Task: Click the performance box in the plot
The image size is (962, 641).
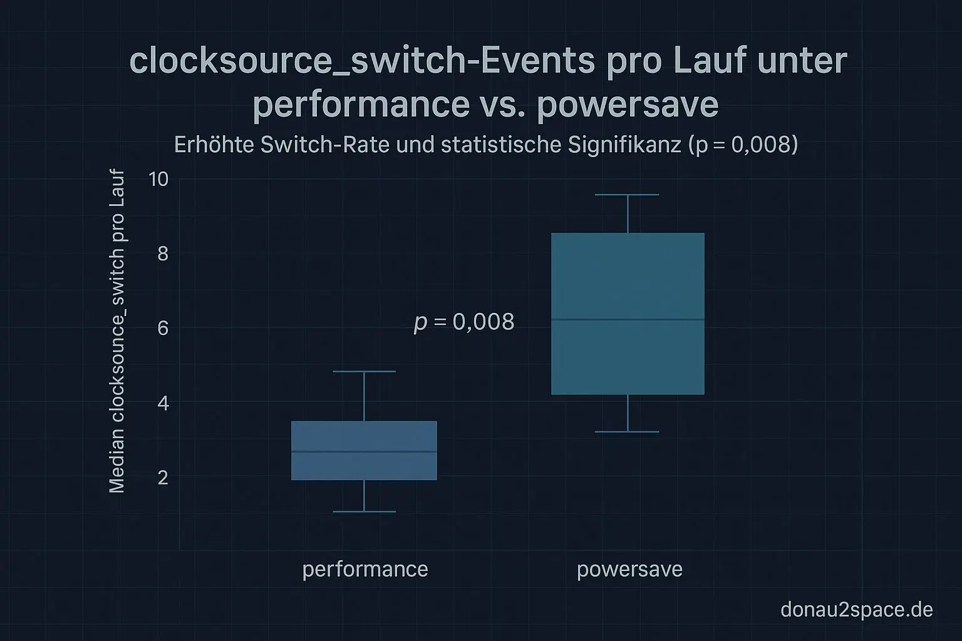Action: click(x=364, y=466)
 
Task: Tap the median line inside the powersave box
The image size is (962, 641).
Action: click(x=628, y=320)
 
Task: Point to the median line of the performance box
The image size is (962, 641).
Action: click(x=364, y=451)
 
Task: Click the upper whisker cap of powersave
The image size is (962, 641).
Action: click(x=627, y=195)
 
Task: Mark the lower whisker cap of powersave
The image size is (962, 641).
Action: click(x=627, y=432)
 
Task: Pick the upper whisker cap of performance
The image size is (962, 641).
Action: click(x=364, y=372)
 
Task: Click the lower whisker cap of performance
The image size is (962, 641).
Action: click(x=364, y=512)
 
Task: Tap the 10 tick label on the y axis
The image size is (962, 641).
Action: click(x=158, y=180)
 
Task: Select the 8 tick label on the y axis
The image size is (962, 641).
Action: click(x=163, y=254)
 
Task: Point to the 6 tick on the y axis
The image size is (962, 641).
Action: click(x=163, y=328)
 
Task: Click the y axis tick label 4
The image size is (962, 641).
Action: click(x=163, y=403)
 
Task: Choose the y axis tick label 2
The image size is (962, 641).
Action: click(x=163, y=478)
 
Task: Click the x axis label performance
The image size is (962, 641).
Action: click(x=365, y=569)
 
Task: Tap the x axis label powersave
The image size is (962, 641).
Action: click(x=629, y=570)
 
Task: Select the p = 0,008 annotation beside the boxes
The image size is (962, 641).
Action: click(x=464, y=322)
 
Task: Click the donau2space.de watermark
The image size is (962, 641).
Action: click(x=856, y=609)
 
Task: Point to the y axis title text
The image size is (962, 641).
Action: click(x=117, y=332)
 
